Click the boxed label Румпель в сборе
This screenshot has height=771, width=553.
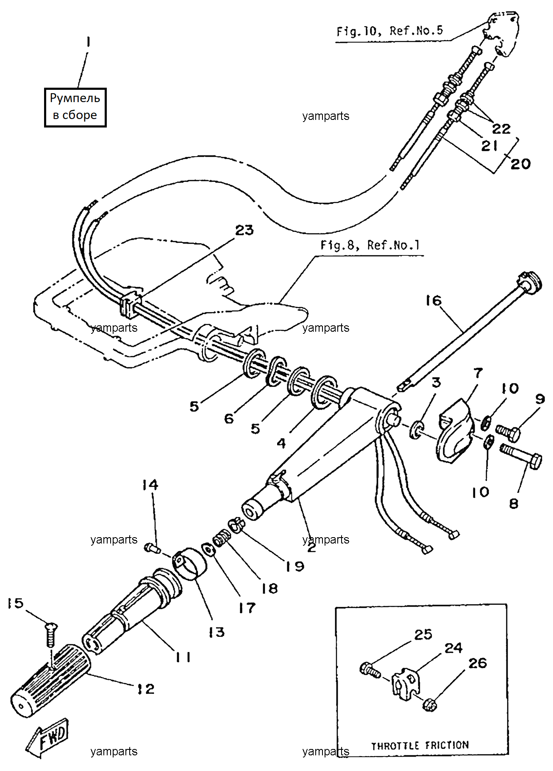click(x=75, y=107)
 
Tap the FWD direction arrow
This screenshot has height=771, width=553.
click(x=47, y=739)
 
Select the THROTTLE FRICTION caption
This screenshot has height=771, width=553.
click(x=420, y=745)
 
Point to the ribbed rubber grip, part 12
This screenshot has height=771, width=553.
click(x=51, y=681)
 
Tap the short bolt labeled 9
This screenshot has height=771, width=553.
click(x=507, y=432)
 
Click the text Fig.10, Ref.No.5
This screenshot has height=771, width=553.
click(x=389, y=31)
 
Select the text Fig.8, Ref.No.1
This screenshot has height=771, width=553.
click(x=370, y=245)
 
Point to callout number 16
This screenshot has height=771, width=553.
click(x=433, y=300)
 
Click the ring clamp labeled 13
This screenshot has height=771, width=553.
click(x=189, y=562)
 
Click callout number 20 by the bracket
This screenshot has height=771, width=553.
click(x=520, y=164)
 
